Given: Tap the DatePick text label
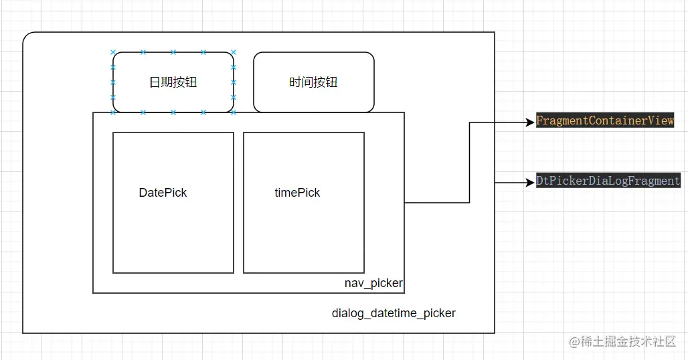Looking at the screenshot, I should pos(163,193).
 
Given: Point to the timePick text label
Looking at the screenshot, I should pos(297,193).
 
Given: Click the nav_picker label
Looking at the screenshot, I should pos(373,283).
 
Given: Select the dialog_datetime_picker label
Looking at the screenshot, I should pos(394,313).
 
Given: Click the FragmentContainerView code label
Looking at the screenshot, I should pos(605,121).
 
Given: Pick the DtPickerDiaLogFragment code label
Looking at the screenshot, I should pos(608,181).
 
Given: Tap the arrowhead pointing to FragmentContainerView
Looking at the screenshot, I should pos(531,122).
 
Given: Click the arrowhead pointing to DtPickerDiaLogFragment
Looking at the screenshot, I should pos(531,181).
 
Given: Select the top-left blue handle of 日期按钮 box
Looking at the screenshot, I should pos(113,52).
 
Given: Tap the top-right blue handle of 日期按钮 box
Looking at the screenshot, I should pos(234,52).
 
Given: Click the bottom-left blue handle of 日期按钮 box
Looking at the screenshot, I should pos(113,112).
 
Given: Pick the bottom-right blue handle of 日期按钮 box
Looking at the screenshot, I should pos(234,112).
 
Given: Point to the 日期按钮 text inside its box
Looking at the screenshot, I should pos(173,82).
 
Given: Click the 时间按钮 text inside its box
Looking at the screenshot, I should pos(313,82).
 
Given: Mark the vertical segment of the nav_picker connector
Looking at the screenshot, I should pos(469,162).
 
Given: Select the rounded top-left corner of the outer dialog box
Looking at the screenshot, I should pos(27,36).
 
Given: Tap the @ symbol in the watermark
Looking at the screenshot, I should pos(574,342).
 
